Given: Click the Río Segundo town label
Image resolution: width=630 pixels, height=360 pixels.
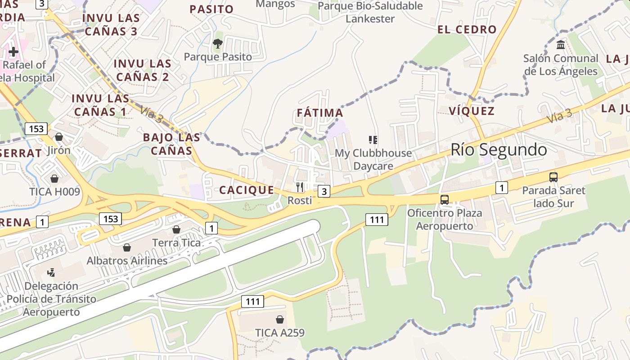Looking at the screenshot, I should [499, 149].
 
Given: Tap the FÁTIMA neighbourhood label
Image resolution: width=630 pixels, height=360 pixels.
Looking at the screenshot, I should [320, 112].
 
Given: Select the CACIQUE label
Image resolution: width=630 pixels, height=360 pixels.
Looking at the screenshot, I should [247, 190].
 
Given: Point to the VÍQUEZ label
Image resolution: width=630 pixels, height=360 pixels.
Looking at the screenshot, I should [472, 111].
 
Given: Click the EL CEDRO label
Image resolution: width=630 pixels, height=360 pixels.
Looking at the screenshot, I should [467, 30].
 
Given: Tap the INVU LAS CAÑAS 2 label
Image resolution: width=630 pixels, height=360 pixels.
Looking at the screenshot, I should [142, 70].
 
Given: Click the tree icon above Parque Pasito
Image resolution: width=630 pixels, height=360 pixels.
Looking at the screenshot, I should [218, 44].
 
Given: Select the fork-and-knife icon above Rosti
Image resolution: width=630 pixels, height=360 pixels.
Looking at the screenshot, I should [300, 187].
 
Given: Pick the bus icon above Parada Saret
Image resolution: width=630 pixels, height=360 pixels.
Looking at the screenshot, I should [553, 177].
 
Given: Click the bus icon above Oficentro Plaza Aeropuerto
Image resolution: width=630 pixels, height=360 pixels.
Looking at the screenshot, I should [445, 199].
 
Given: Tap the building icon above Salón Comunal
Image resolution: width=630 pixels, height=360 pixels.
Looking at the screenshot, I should [561, 45].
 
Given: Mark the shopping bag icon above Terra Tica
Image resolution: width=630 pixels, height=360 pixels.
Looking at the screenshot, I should [176, 229].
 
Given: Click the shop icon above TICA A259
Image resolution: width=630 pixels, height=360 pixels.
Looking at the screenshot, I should [280, 319].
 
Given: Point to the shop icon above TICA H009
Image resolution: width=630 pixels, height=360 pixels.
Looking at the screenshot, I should [54, 179].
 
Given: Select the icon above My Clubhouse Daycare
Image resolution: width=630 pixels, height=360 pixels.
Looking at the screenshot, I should [373, 140].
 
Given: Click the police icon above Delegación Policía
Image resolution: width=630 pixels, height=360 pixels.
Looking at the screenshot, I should [51, 272].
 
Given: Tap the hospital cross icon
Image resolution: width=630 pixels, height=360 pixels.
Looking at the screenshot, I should [13, 52].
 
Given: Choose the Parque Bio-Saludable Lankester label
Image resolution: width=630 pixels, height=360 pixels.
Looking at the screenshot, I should [370, 12].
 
